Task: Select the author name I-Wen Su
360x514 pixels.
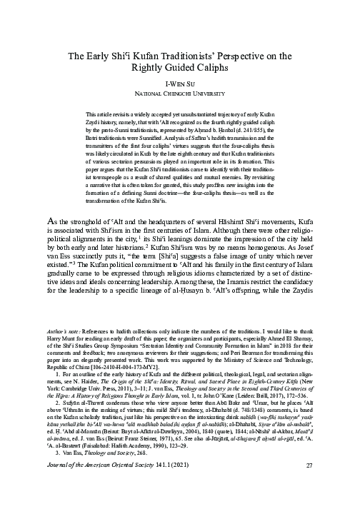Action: [180, 83]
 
